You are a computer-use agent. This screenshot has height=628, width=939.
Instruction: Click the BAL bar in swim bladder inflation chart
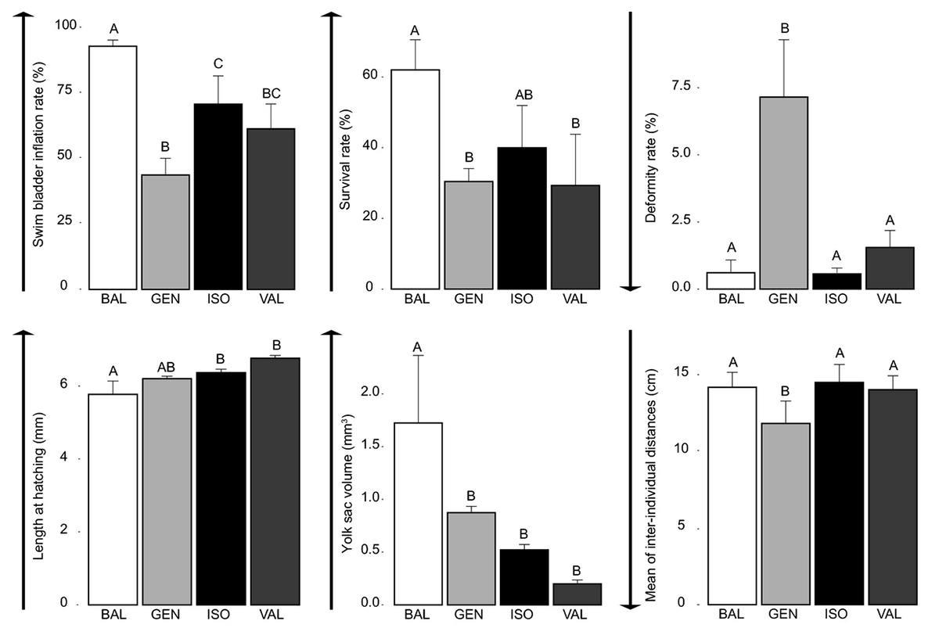[x=113, y=167]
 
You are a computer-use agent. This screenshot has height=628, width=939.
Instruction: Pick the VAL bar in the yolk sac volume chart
[x=577, y=594]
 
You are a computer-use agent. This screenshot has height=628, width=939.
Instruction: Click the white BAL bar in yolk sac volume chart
[x=418, y=513]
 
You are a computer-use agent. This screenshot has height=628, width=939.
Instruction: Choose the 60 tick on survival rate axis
[x=369, y=76]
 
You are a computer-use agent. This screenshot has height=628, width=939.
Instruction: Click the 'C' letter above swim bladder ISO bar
[x=219, y=65]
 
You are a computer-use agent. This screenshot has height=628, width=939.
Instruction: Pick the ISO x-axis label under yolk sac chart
[x=525, y=615]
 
